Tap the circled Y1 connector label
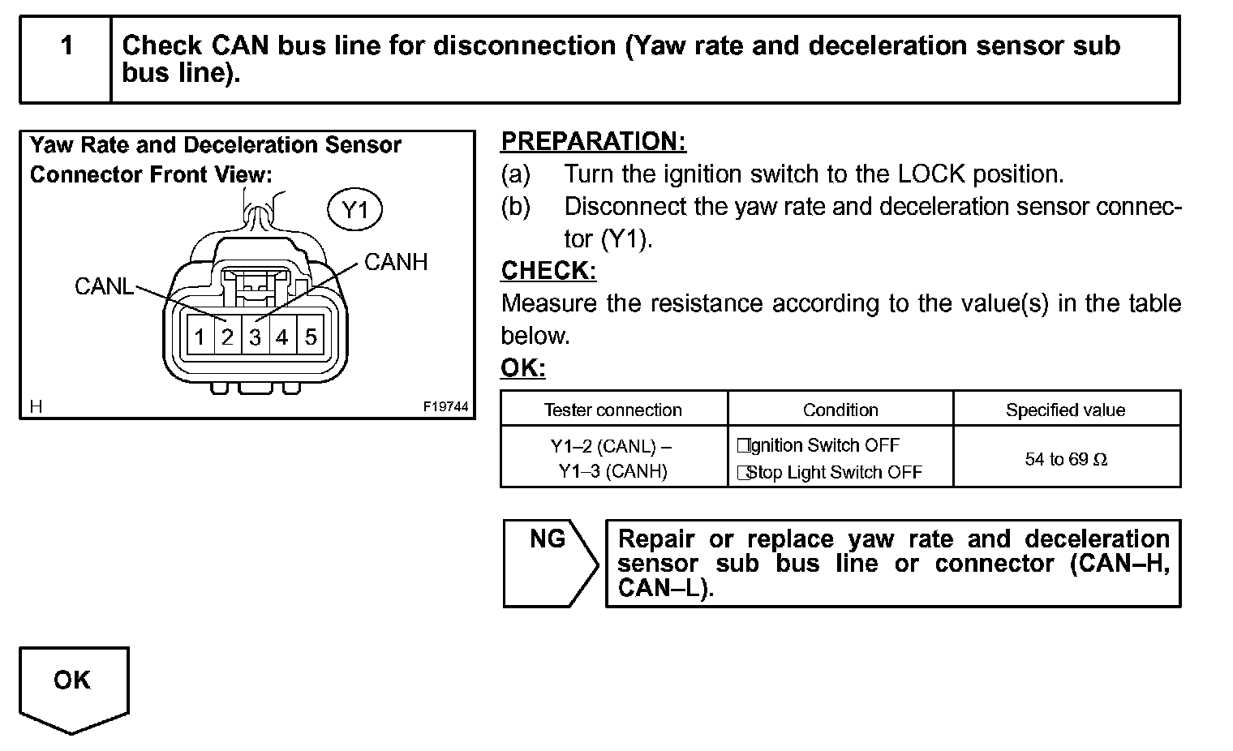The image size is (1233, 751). [x=354, y=211]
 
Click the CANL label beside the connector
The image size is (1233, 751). [x=104, y=286]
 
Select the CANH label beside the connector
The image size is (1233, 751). [x=395, y=262]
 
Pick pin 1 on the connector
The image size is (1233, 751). [x=200, y=337]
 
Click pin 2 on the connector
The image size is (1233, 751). [x=227, y=337]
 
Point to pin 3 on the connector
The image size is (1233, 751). [x=255, y=337]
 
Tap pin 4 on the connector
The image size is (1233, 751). [x=281, y=337]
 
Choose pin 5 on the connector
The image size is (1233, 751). [x=310, y=337]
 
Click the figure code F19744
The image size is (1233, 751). [x=445, y=406]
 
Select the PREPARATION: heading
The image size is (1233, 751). [x=593, y=141]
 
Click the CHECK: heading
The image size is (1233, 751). [x=548, y=270]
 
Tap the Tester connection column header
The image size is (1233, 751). [x=613, y=410]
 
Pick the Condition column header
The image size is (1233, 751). [x=840, y=410]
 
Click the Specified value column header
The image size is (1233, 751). [x=1065, y=410]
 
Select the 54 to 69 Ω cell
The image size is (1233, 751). [x=1065, y=459]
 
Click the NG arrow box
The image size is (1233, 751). [x=549, y=563]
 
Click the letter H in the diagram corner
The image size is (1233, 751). [x=36, y=406]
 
